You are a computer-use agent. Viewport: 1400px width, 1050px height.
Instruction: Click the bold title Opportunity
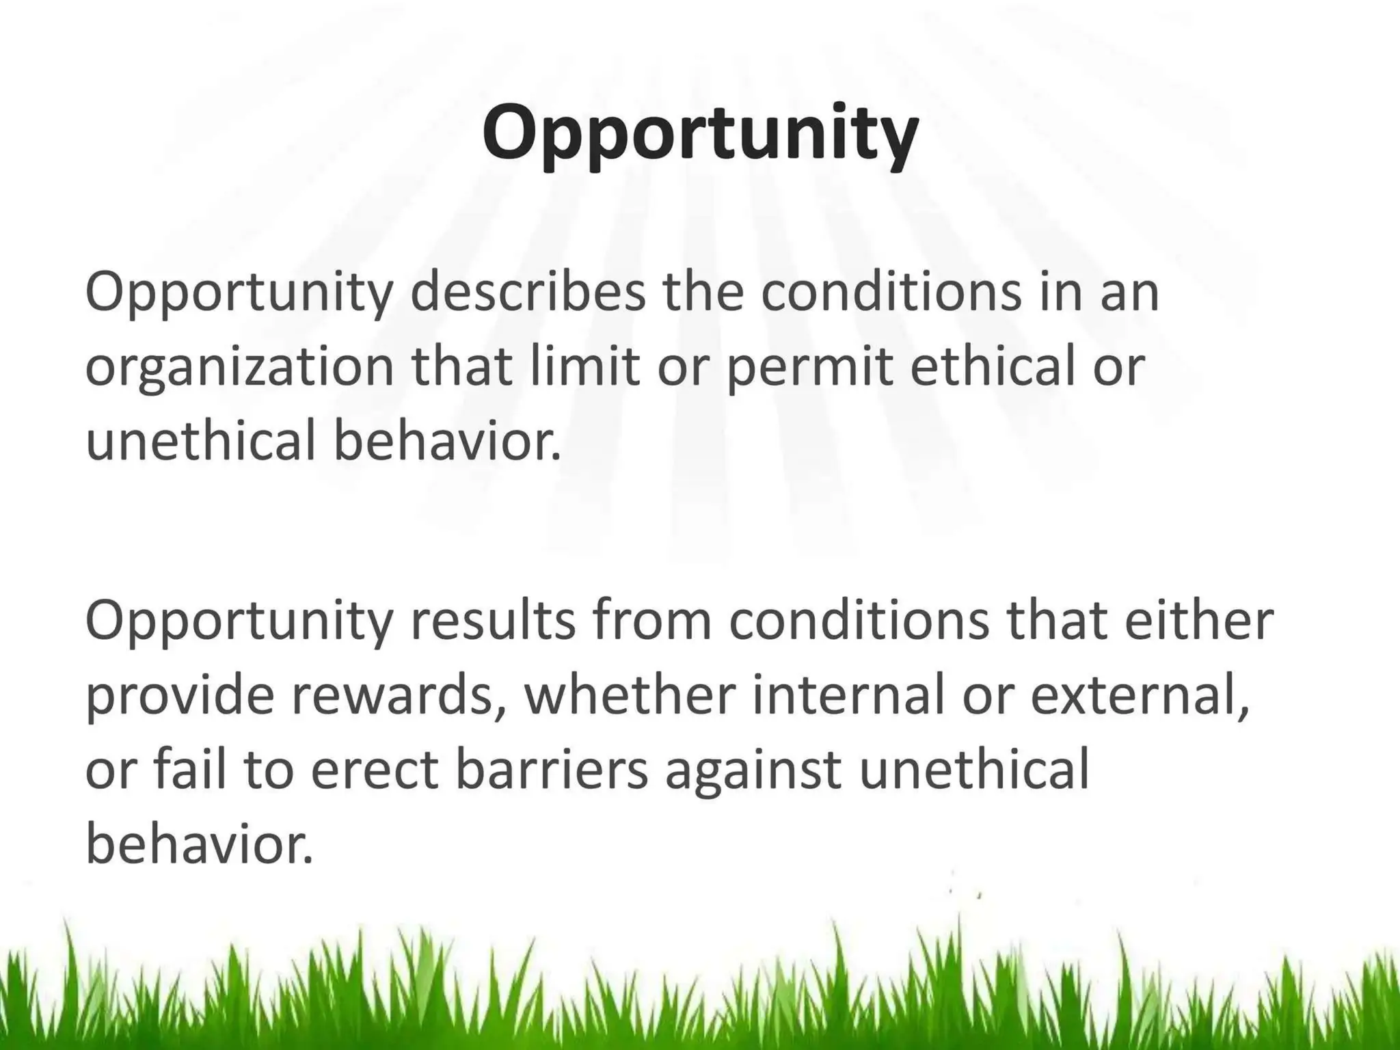click(x=700, y=133)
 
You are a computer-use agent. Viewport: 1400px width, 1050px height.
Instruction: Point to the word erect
click(x=373, y=770)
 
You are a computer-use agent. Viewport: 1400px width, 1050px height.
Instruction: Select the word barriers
click(x=551, y=768)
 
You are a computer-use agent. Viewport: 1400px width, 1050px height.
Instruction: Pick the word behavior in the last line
click(x=198, y=843)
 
